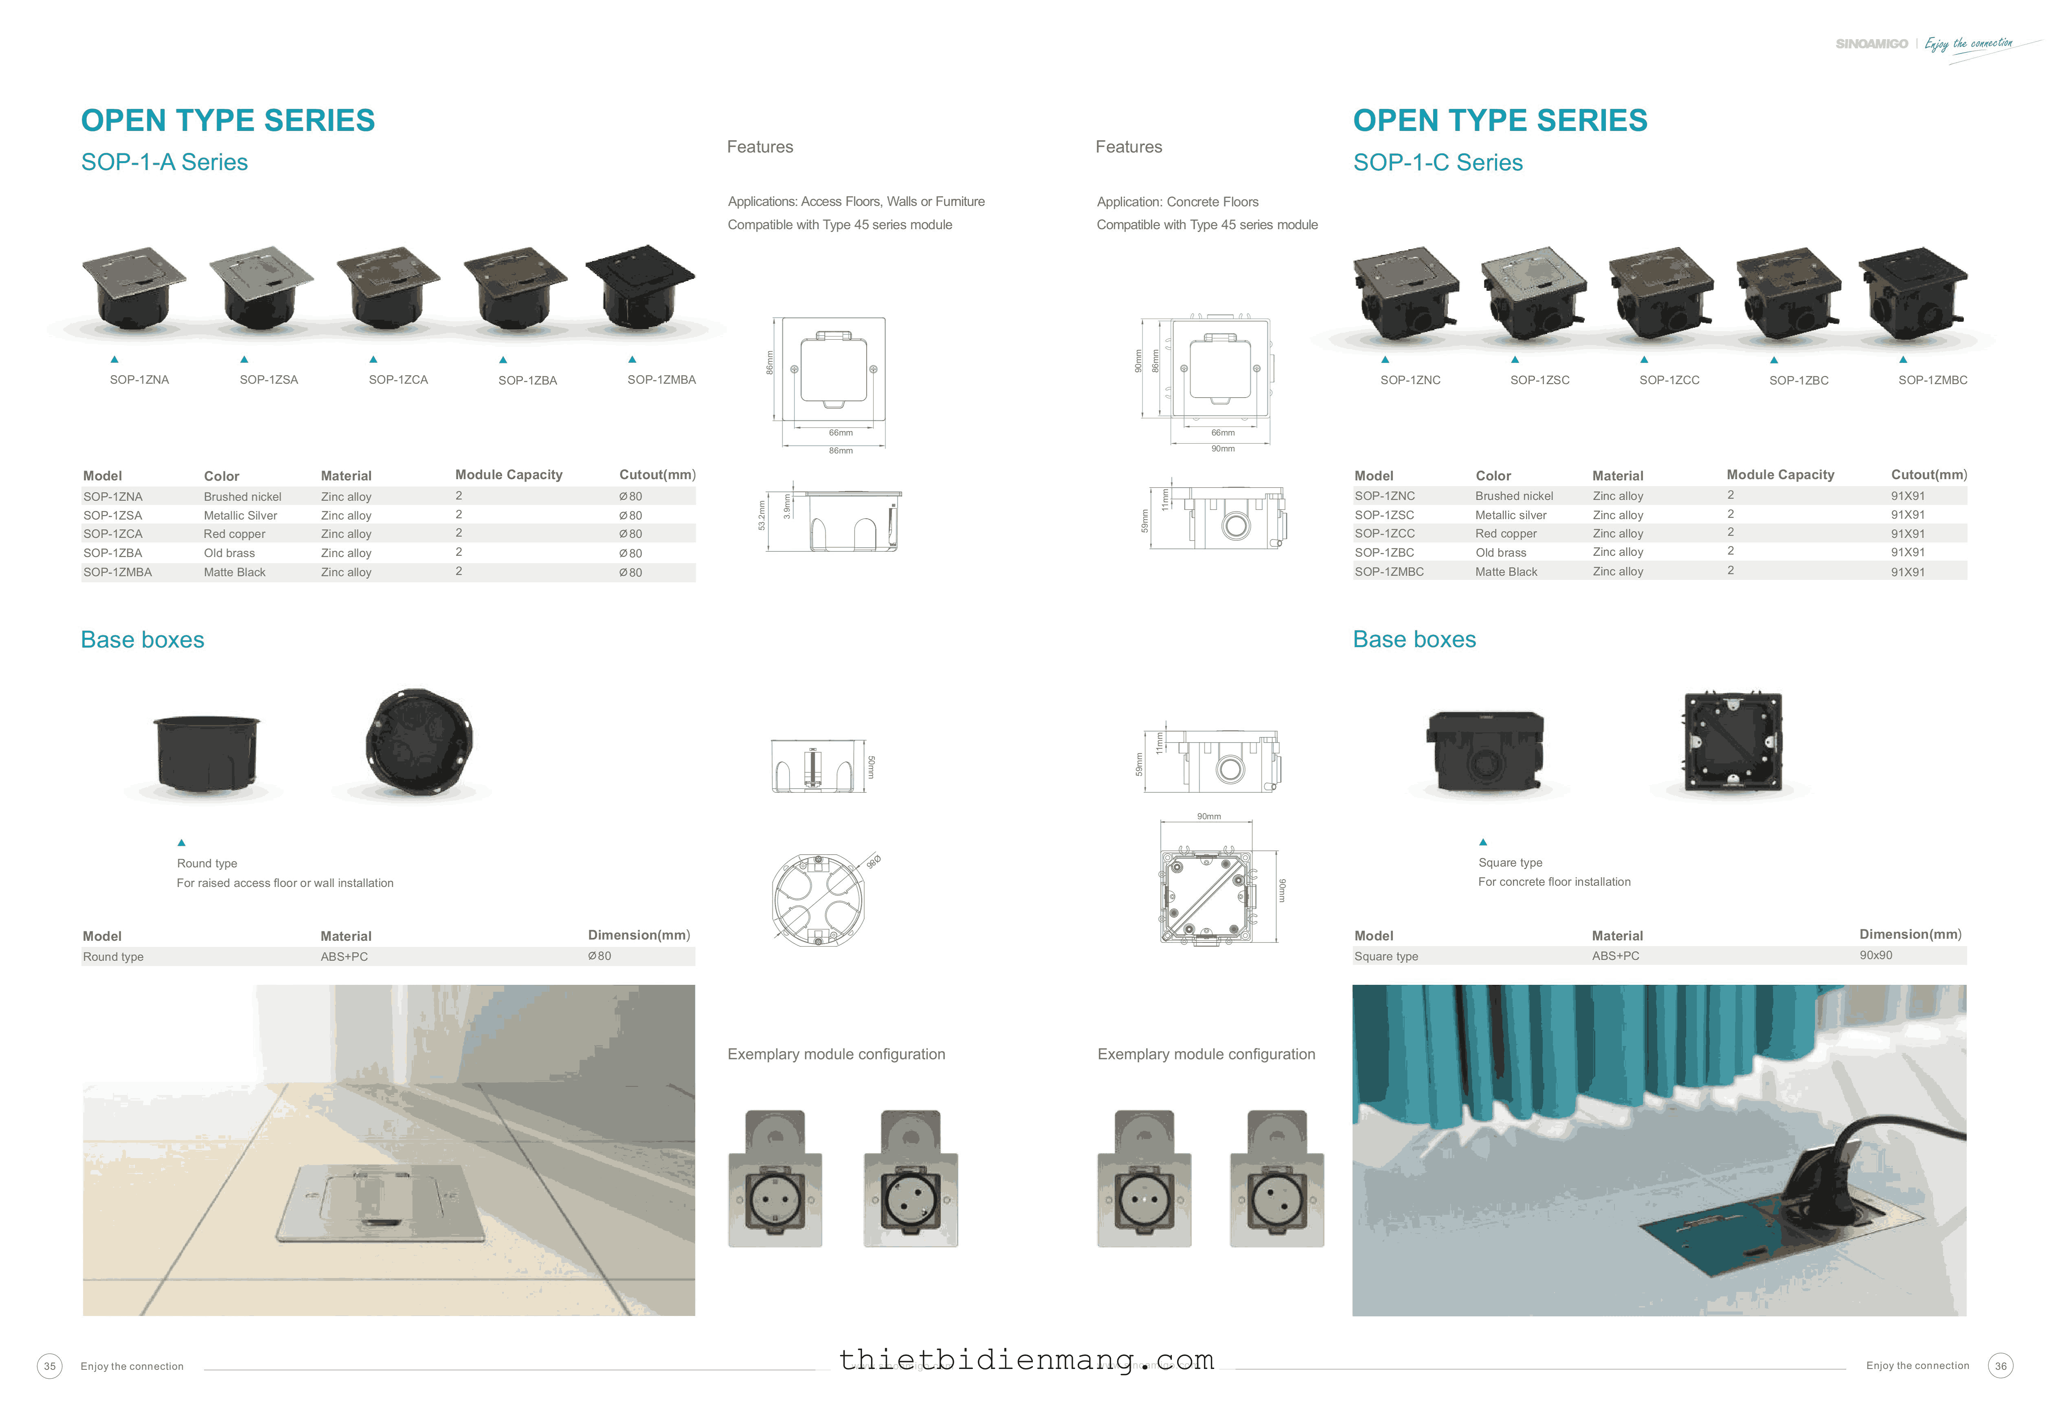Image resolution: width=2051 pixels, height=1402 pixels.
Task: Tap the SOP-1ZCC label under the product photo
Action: coord(1669,380)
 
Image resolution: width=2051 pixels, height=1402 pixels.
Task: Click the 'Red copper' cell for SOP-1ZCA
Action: coord(234,534)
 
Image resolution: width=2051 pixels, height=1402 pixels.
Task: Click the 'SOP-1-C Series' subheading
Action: coord(1438,162)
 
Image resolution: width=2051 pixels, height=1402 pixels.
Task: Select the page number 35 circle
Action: coord(49,1366)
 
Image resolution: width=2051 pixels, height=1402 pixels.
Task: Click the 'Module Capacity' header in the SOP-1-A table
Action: coord(508,475)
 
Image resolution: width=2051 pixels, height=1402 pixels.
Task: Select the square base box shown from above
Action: coord(1732,742)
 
